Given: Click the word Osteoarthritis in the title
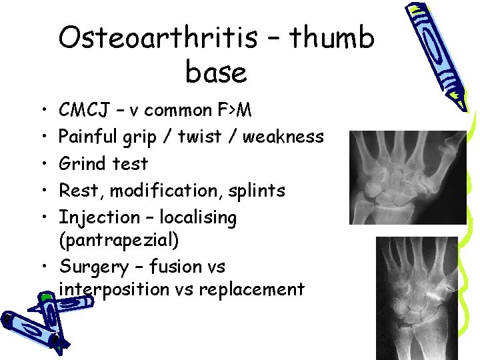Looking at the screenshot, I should pyautogui.click(x=157, y=39).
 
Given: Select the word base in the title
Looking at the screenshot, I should pyautogui.click(x=216, y=73).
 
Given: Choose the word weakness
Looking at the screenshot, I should pyautogui.click(x=283, y=137).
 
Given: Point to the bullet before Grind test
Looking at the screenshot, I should pyautogui.click(x=44, y=164).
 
